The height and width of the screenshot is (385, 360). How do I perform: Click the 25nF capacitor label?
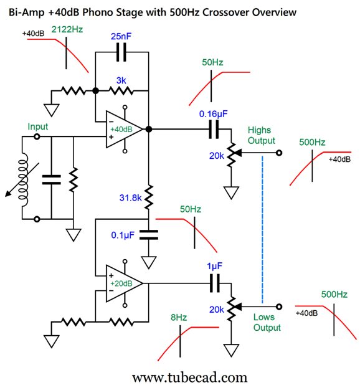121,37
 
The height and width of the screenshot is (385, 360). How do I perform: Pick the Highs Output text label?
261,135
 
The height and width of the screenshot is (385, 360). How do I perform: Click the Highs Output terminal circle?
279,153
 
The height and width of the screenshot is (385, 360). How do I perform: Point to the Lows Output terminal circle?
279,307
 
